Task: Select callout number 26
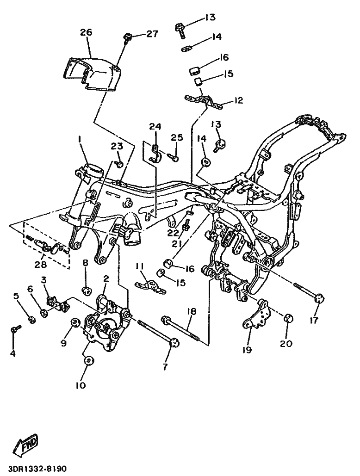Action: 86,32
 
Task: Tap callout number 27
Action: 152,33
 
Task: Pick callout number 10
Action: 81,385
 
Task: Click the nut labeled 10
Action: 88,361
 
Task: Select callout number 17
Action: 314,320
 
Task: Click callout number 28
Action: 40,265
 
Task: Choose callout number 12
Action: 238,100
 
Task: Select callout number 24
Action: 155,127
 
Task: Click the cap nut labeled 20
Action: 288,319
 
